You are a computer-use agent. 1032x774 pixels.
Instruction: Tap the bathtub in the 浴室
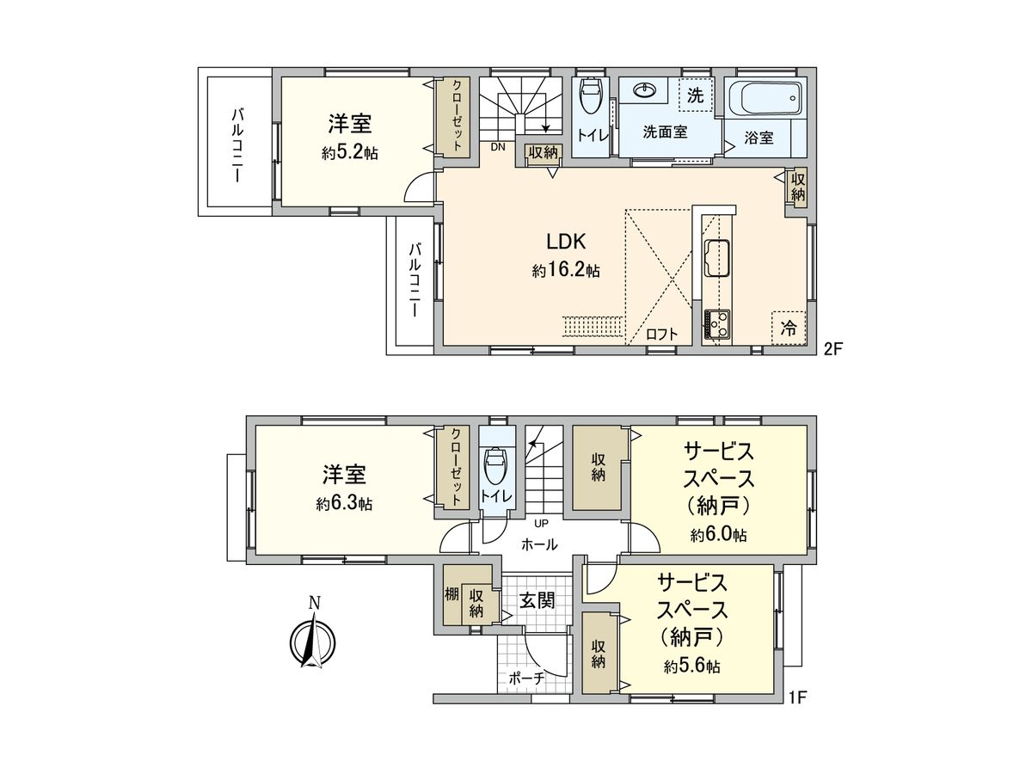[x=764, y=98]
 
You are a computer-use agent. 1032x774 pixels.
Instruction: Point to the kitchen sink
[x=716, y=257]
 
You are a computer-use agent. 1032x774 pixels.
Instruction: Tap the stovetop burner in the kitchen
[x=716, y=325]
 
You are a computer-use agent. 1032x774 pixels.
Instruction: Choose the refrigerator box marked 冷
[x=788, y=328]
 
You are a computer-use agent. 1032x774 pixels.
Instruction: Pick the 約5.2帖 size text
[x=349, y=153]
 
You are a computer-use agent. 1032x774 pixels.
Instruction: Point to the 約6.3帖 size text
[x=344, y=502]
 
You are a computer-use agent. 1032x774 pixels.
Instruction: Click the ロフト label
[x=661, y=335]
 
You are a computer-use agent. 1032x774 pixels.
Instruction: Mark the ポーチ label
[x=526, y=678]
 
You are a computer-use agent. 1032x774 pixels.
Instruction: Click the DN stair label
[x=497, y=147]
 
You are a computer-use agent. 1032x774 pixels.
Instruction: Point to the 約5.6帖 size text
[x=691, y=666]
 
